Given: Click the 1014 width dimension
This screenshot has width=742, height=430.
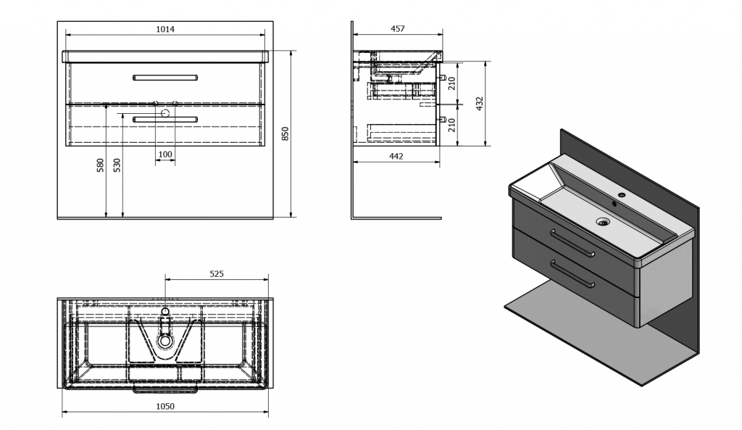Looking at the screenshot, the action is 165,29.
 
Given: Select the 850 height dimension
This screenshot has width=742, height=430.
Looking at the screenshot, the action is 285,134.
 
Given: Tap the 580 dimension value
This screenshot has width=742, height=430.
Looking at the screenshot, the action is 100,165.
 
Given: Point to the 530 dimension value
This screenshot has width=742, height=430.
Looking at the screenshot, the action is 117,165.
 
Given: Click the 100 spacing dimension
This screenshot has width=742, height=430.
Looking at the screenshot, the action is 165,154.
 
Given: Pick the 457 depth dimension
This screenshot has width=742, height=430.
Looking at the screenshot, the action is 398,29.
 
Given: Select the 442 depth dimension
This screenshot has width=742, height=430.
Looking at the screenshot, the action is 396,157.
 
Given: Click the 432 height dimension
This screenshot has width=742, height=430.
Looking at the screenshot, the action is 480,104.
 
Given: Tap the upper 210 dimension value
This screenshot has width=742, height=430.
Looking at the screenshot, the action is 452,83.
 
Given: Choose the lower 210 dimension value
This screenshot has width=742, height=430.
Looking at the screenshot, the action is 452,125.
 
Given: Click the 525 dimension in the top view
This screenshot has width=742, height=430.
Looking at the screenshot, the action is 216,273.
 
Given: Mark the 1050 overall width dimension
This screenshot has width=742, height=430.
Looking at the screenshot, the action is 165,406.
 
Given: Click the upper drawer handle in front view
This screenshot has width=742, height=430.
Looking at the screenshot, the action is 165,77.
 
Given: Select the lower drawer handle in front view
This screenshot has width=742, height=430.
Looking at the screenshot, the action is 165,119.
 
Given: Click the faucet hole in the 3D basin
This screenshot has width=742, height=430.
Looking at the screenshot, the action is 622,195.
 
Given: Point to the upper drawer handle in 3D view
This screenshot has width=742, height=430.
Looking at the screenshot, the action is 572,242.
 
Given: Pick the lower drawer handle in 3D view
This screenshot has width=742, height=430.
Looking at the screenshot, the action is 572,273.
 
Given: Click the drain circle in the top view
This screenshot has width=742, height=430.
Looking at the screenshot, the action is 165,340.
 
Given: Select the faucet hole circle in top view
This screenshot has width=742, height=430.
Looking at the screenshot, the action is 165,311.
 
